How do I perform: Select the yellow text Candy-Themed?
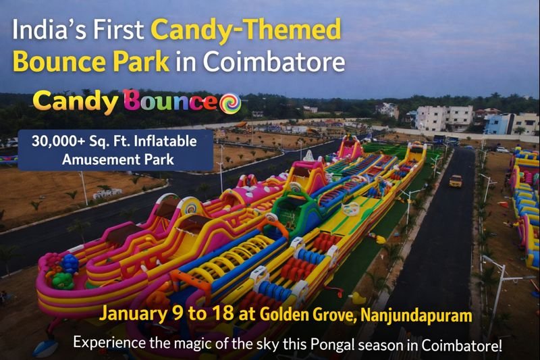246,30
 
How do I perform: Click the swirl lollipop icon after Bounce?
230,103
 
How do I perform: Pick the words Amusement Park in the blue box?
115,159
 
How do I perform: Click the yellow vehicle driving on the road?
456,180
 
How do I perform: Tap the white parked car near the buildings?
502,149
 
